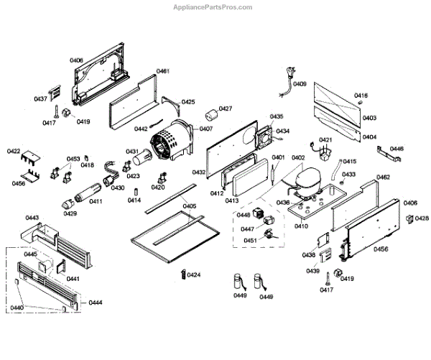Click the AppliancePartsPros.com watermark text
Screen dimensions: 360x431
pyautogui.click(x=213, y=7)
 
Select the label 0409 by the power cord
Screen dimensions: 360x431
pyautogui.click(x=300, y=84)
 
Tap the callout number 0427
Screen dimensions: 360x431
pyautogui.click(x=226, y=109)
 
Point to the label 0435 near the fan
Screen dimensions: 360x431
pyautogui.click(x=277, y=116)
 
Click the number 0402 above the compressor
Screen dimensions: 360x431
pyautogui.click(x=298, y=158)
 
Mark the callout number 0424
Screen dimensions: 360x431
pyautogui.click(x=194, y=275)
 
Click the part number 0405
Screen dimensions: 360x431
pyautogui.click(x=189, y=206)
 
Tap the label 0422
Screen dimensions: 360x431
pyautogui.click(x=13, y=152)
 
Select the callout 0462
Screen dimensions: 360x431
pyautogui.click(x=383, y=177)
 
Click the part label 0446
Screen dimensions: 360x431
pyautogui.click(x=397, y=149)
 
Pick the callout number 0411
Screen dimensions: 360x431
pyautogui.click(x=96, y=202)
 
